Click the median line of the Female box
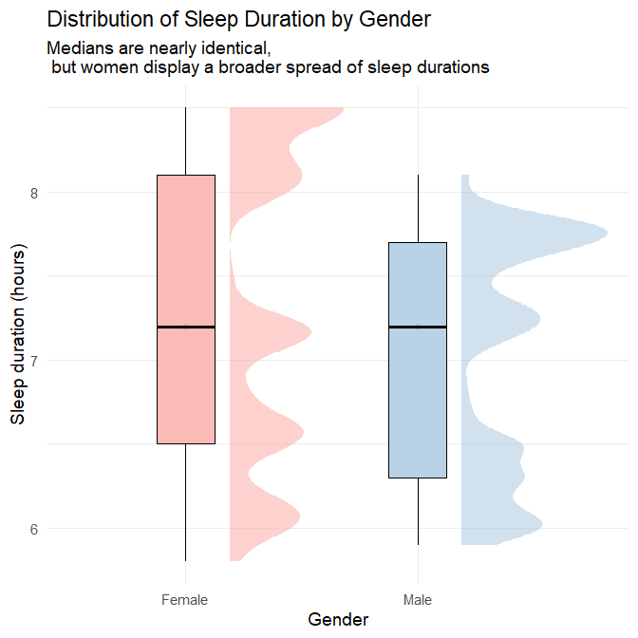[x=186, y=327]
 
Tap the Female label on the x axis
[x=185, y=600]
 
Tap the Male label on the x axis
[x=418, y=600]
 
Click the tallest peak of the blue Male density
[x=604, y=233]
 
